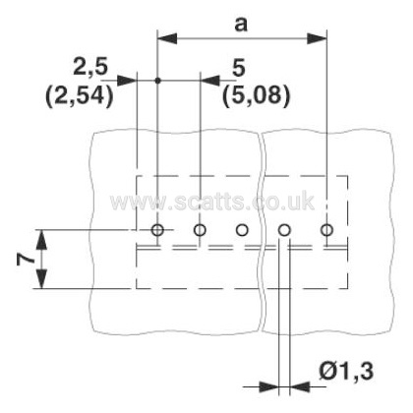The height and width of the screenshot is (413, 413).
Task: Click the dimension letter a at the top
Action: click(x=241, y=25)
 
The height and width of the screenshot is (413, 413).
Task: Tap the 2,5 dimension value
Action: click(x=90, y=67)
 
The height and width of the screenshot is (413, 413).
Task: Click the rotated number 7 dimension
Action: click(x=26, y=260)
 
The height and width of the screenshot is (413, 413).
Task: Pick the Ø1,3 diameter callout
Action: click(x=346, y=372)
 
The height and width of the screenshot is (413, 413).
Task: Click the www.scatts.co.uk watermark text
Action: click(x=212, y=202)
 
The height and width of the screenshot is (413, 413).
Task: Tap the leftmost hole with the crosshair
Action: click(x=157, y=230)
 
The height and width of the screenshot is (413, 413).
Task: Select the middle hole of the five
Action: click(x=242, y=230)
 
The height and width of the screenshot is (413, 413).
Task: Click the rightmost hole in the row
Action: click(x=326, y=230)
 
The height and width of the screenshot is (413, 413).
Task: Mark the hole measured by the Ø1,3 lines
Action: click(x=284, y=230)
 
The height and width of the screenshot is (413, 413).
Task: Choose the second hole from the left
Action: click(x=200, y=230)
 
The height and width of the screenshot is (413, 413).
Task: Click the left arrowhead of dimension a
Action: click(x=167, y=38)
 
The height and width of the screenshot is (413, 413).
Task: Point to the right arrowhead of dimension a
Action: click(x=317, y=38)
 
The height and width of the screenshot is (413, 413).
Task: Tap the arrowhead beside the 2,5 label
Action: click(x=127, y=81)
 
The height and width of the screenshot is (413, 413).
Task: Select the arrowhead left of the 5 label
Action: click(x=210, y=81)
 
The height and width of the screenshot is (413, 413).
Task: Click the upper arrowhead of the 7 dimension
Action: click(x=41, y=240)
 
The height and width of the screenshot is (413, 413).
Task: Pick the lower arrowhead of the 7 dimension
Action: click(x=41, y=279)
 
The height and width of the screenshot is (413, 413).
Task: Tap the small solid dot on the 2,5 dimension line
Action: click(x=157, y=81)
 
